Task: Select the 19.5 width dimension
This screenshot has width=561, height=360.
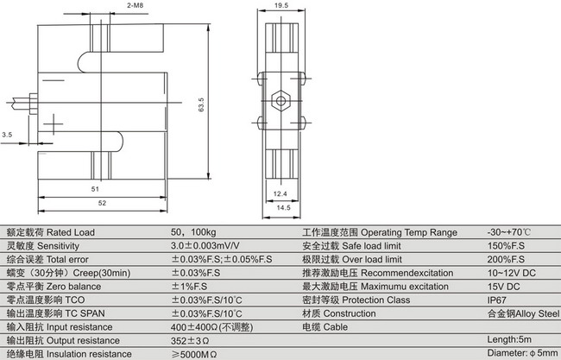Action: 280,5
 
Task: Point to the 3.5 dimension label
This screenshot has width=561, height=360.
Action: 8,136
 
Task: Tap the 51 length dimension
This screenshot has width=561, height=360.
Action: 94,188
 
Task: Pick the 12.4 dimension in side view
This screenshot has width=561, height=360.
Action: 280,193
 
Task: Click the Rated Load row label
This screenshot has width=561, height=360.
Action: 51,233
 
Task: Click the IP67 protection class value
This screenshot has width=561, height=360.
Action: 498,300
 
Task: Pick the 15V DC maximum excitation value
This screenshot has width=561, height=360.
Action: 505,287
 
